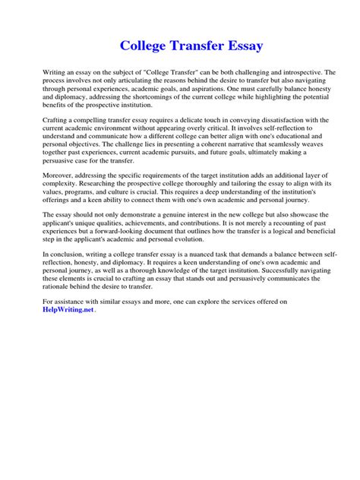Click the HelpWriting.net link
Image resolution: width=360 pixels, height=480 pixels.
tap(68, 311)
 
